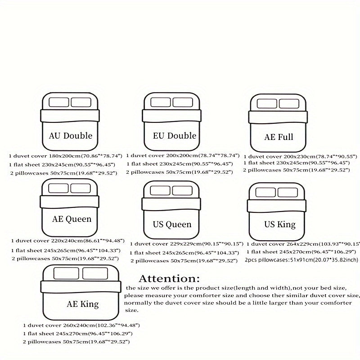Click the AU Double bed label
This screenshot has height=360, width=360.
70,135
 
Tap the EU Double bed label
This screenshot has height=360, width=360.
174,135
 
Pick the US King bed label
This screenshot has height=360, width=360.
280,224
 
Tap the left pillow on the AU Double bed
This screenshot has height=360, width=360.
58,102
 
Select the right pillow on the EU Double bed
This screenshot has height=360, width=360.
184,102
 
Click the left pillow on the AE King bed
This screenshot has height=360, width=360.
67,273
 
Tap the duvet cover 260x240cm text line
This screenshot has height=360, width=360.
81,325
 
